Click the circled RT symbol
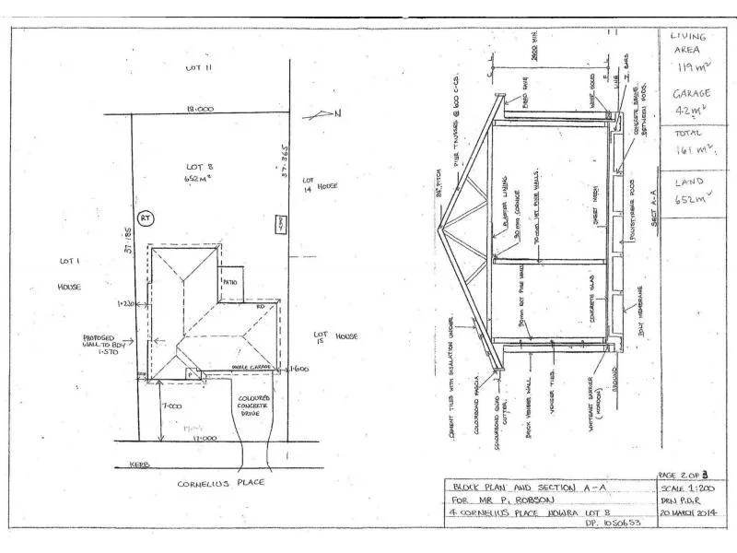coord(146,218)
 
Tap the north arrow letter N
coord(337,113)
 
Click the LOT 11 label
coord(198,67)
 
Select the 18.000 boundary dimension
coord(200,109)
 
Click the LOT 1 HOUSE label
coord(71,274)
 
